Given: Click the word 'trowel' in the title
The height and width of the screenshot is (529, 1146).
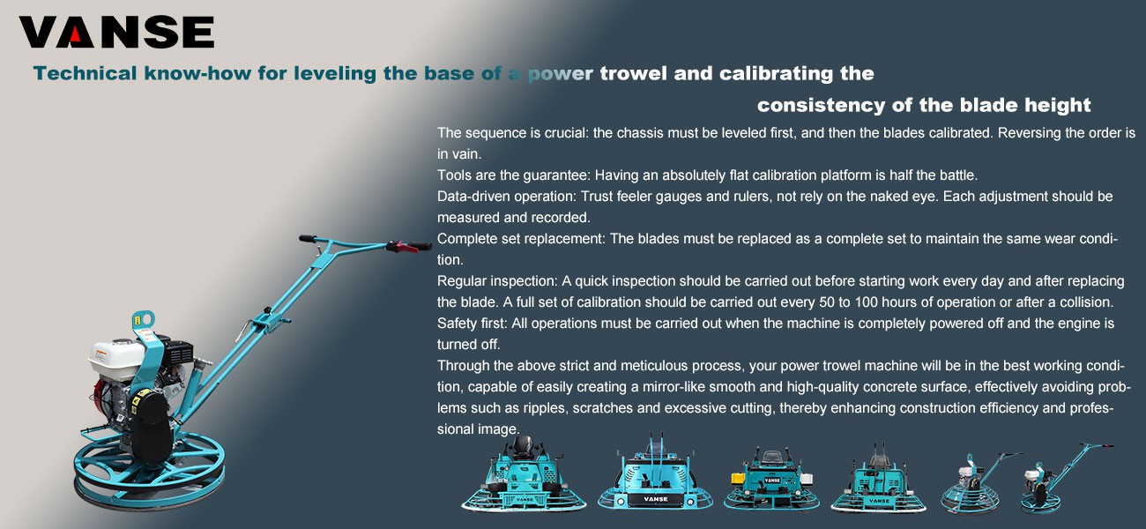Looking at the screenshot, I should coord(634,73).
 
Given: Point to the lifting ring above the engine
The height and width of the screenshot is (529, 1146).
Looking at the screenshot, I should coord(144,319).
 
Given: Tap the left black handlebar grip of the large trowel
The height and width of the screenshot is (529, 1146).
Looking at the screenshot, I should coord(308,238).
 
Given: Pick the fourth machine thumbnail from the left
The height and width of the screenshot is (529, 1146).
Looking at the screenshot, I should coord(877,481).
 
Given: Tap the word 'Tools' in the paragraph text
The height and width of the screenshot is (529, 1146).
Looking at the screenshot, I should coord(454,175).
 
